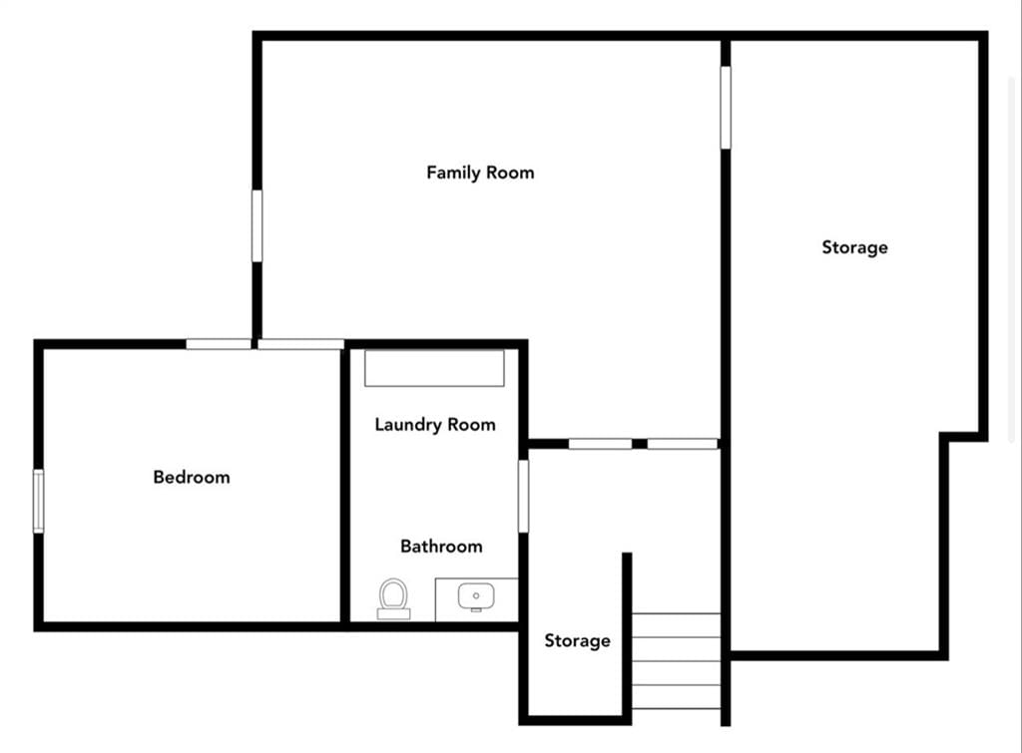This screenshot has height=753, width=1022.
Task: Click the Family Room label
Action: [x=480, y=173]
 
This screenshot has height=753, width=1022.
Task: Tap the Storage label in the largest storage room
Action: [x=854, y=247]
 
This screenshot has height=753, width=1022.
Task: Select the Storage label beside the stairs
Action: [x=578, y=641]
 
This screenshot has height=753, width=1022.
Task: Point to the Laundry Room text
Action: [x=435, y=425]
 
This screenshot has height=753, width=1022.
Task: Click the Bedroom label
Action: [x=192, y=478]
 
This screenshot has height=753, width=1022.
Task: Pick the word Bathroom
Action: [x=441, y=547]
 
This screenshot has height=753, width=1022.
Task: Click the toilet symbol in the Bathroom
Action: [x=393, y=598]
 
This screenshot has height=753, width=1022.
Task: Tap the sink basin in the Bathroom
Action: [x=476, y=596]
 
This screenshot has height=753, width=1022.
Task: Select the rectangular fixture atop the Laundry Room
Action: [x=435, y=368]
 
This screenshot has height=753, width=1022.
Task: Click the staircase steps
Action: [x=677, y=660]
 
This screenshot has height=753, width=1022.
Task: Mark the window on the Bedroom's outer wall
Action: [x=39, y=501]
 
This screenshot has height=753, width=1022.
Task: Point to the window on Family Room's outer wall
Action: [x=257, y=226]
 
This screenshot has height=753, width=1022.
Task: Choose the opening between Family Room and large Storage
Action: [x=726, y=108]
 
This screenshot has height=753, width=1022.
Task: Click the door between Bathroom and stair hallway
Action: [x=523, y=496]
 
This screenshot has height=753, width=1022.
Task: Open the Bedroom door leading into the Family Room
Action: [x=300, y=344]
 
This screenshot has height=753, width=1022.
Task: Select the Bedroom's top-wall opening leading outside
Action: [x=219, y=344]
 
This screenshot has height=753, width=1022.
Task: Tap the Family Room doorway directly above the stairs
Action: [x=683, y=444]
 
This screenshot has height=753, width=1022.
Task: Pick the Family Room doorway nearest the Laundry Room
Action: [x=600, y=444]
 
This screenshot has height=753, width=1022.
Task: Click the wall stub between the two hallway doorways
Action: [x=640, y=444]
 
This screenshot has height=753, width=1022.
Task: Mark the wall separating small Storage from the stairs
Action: [x=627, y=637]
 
